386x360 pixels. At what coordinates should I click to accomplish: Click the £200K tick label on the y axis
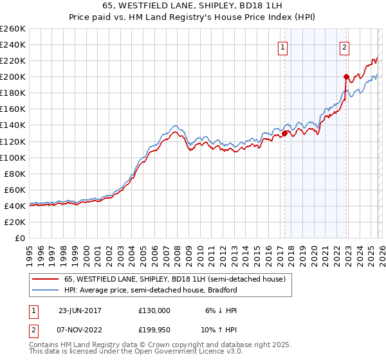(12, 76)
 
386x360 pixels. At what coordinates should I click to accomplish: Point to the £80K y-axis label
(14, 174)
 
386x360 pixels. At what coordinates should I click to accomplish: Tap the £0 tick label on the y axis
(21, 238)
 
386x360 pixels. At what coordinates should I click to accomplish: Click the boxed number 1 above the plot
(283, 46)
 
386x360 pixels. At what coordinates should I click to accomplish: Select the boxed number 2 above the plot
(345, 46)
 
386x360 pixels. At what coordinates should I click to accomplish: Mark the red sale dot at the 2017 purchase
(284, 133)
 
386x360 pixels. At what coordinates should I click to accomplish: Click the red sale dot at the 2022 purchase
(346, 76)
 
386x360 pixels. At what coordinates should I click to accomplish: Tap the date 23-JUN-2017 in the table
(80, 310)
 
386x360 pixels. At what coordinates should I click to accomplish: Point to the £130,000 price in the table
(154, 310)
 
